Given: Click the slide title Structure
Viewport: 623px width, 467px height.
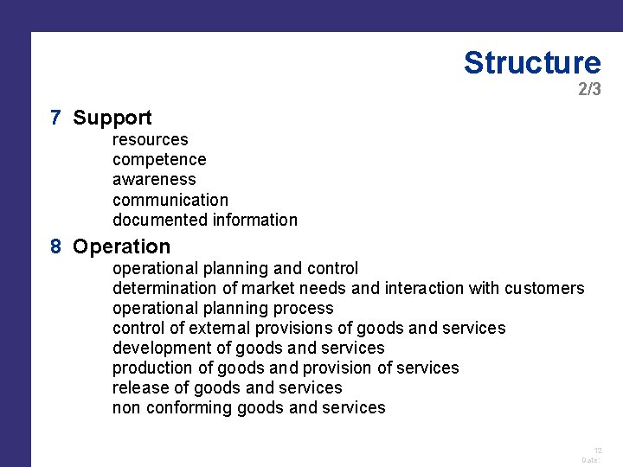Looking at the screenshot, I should (x=531, y=62).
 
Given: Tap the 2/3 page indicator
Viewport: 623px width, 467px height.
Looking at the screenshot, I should (x=589, y=89).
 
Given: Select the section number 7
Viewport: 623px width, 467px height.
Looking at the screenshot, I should (x=55, y=118).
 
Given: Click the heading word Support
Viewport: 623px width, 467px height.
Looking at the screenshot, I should (x=112, y=118).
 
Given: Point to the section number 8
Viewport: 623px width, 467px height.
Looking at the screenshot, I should (x=55, y=246).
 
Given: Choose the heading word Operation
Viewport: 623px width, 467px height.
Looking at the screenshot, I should (x=122, y=246).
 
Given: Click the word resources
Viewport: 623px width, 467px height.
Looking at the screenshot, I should (x=150, y=139).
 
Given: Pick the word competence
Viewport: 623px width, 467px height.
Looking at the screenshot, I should (x=159, y=159).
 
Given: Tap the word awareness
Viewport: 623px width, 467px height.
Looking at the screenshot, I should (x=154, y=179).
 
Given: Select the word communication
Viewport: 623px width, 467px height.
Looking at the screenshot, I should (x=170, y=200).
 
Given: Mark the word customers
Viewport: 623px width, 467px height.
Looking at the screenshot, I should (x=544, y=288).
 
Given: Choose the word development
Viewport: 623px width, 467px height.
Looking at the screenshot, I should (x=160, y=348).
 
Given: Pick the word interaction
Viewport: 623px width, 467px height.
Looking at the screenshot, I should (x=421, y=288).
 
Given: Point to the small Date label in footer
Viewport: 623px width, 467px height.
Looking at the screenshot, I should (x=591, y=460).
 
